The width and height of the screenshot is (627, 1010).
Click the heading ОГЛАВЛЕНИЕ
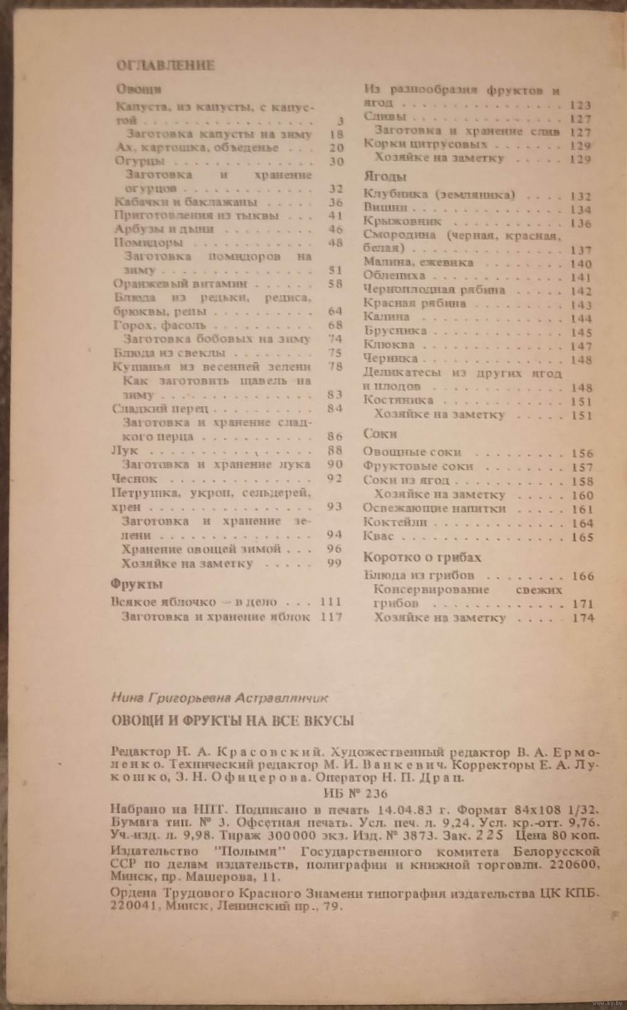[166, 65]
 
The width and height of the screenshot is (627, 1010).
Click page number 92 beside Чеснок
[334, 478]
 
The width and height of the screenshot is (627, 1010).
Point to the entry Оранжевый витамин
[160, 284]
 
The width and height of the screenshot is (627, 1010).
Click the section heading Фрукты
[137, 584]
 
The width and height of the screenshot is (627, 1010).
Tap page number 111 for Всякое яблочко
[330, 601]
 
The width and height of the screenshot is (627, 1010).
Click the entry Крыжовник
[403, 222]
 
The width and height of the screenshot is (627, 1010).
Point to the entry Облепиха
[394, 276]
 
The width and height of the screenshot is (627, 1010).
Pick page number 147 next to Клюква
[581, 346]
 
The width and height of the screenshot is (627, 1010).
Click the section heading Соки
[380, 434]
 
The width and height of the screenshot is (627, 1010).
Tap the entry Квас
[379, 536]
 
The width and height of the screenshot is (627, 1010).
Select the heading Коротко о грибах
[422, 557]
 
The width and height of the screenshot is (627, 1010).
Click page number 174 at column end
[582, 618]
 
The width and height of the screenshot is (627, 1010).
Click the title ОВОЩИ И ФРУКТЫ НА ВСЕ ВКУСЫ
[232, 720]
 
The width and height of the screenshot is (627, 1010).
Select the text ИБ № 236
[354, 793]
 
